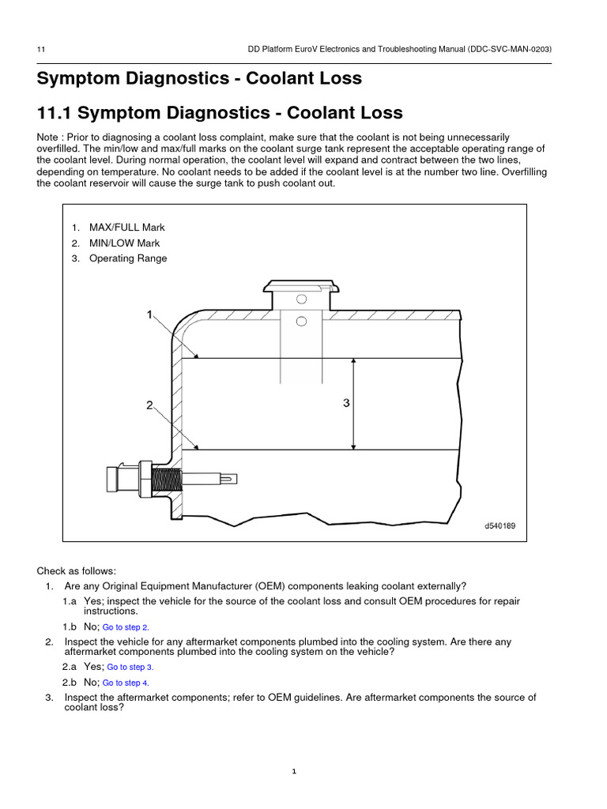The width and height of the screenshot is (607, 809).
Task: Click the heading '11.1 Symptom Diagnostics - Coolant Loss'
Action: (220, 113)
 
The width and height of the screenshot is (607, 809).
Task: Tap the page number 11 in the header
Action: (40, 49)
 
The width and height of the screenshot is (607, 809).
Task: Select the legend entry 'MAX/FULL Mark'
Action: (126, 228)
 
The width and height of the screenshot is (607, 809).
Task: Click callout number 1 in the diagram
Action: (149, 315)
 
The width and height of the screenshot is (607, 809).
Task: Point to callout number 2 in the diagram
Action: (149, 406)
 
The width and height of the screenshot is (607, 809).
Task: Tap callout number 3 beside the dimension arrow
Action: (345, 404)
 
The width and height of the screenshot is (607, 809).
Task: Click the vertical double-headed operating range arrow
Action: (353, 404)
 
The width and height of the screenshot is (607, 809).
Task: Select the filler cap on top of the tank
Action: (300, 287)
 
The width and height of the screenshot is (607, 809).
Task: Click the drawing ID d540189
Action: (500, 525)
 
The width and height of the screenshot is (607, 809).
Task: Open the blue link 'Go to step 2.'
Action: (126, 627)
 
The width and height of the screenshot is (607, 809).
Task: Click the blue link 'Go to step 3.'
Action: (130, 667)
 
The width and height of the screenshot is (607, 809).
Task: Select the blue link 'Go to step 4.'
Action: (126, 683)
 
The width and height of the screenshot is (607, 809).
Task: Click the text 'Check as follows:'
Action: (76, 570)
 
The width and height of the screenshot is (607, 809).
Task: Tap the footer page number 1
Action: (293, 772)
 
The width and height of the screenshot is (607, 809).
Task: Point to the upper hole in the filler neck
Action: (300, 299)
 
